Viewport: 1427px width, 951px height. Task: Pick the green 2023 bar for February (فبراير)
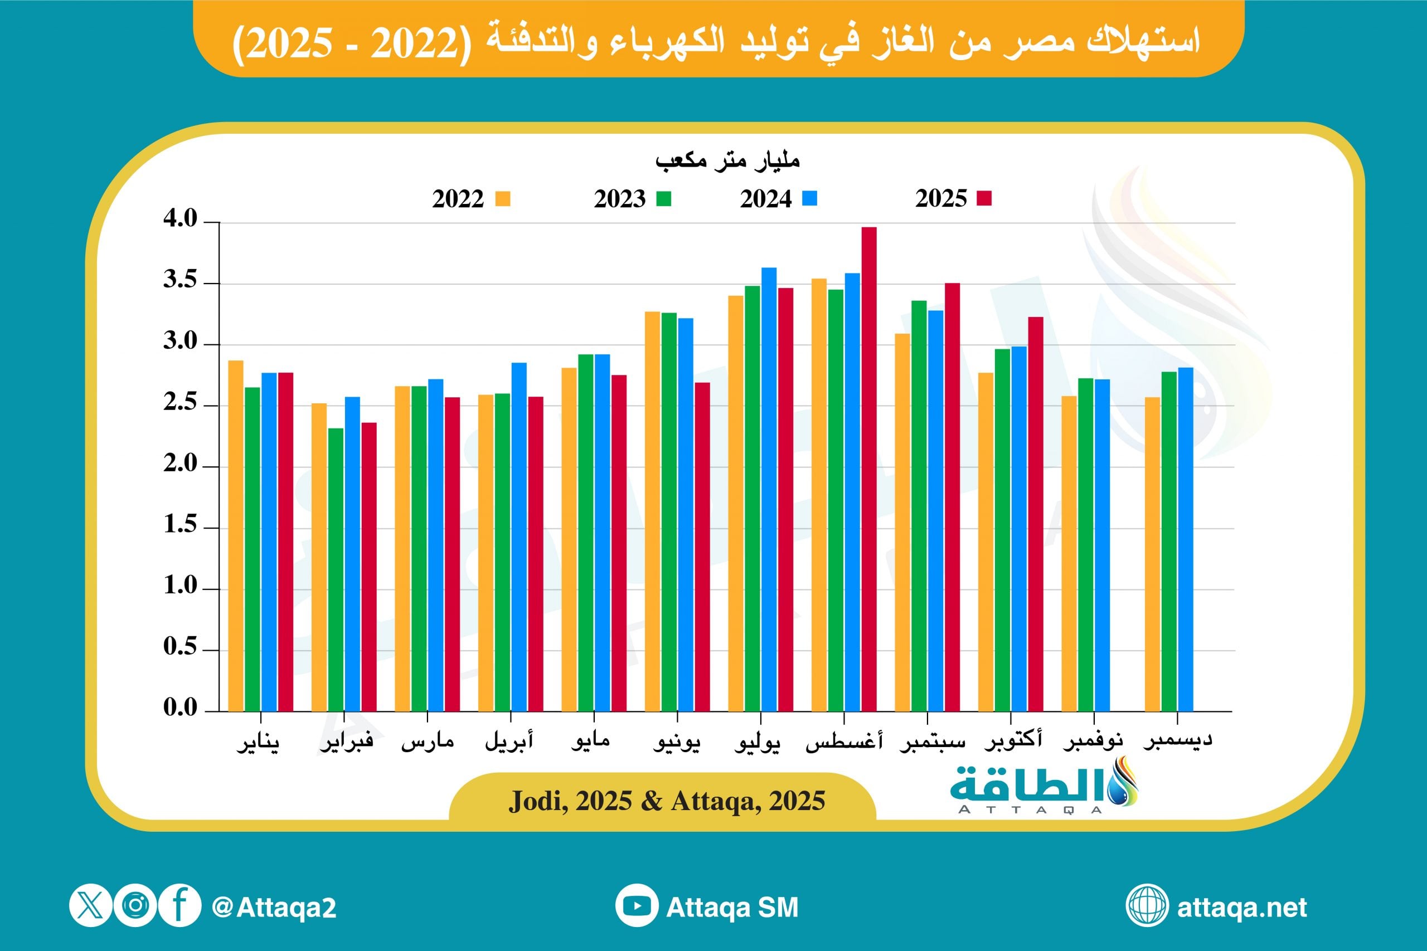coord(336,569)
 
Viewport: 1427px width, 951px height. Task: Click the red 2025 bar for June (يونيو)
coord(702,547)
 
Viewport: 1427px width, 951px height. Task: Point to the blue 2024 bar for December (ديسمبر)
coord(1186,539)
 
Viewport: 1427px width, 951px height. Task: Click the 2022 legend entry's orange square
coord(502,199)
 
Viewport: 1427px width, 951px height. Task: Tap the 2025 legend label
coord(940,199)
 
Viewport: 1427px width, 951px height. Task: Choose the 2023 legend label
coord(619,199)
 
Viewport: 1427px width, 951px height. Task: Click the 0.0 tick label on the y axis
coord(180,707)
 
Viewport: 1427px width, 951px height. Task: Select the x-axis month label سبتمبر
coord(932,742)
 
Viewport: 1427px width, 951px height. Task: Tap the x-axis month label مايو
coord(590,740)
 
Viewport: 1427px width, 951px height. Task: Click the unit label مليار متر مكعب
coord(727,160)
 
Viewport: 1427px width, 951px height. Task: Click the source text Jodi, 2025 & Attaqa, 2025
coord(667,801)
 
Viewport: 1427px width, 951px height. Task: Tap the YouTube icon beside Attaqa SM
coord(637,907)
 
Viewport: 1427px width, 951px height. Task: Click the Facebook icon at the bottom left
coord(179,905)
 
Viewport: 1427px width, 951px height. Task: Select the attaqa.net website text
coord(1241,908)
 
